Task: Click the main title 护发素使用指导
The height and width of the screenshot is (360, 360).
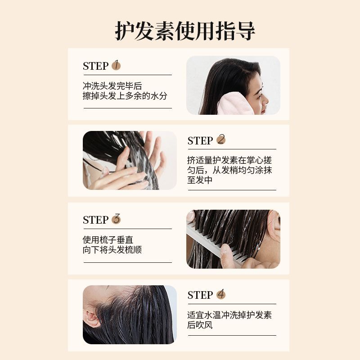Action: click(185, 31)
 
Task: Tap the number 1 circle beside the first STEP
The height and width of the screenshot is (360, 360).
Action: click(116, 65)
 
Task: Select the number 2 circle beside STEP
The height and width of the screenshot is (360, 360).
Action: click(221, 139)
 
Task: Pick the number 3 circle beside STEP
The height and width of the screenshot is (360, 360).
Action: click(116, 219)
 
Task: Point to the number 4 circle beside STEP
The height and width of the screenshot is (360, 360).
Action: click(221, 294)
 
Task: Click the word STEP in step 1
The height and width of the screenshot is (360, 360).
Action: click(95, 66)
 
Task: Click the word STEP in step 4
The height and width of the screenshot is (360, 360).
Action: click(200, 295)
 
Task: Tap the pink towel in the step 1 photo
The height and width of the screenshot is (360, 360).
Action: click(235, 104)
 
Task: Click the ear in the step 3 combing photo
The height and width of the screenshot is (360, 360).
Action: click(274, 221)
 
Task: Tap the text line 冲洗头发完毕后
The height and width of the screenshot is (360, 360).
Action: click(112, 86)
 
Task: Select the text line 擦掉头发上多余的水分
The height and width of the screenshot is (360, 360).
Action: click(125, 96)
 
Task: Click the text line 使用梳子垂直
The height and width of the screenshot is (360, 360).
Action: click(108, 240)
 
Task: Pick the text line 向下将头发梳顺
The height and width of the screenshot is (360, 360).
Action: click(112, 250)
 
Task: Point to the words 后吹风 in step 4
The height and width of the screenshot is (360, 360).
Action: click(200, 325)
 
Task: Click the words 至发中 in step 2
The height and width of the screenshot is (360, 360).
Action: click(200, 180)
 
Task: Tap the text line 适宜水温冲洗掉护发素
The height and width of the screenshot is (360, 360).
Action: click(229, 315)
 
